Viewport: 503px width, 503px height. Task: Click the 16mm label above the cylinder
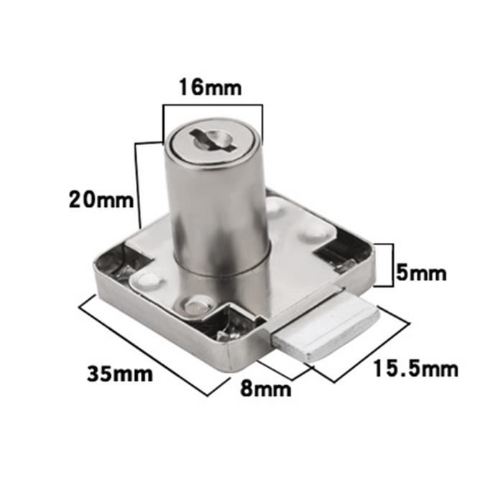[x=211, y=89]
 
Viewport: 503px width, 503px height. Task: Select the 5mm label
[x=422, y=273]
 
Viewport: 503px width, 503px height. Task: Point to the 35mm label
[x=120, y=374]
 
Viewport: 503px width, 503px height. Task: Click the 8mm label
[x=266, y=390]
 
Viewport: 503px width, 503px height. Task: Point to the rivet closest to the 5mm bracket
[x=310, y=231]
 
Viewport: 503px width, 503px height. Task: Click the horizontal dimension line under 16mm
[x=213, y=106]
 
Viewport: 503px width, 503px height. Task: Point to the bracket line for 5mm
[x=392, y=264]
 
